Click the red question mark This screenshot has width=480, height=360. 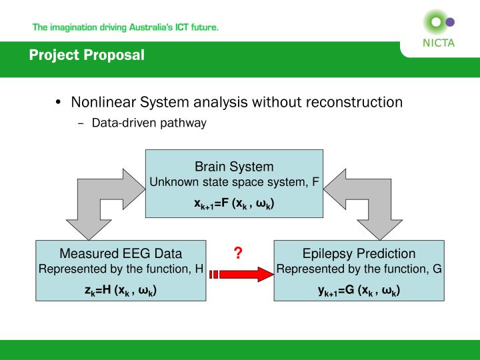[237, 253]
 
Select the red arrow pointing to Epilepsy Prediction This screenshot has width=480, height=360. [243, 273]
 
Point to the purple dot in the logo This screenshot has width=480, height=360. [450, 22]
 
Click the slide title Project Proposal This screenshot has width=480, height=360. [87, 55]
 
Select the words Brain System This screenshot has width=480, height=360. [234, 167]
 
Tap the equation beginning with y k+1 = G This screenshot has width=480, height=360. [359, 291]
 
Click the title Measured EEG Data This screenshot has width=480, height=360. [121, 253]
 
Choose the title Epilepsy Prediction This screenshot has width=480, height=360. [359, 253]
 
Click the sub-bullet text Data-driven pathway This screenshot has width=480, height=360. [149, 123]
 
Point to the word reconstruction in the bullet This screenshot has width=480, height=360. [354, 102]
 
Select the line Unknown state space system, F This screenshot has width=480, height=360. [234, 182]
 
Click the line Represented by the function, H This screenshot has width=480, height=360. [121, 269]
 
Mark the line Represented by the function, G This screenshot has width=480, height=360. [359, 269]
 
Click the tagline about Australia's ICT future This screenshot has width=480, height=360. [125, 28]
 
